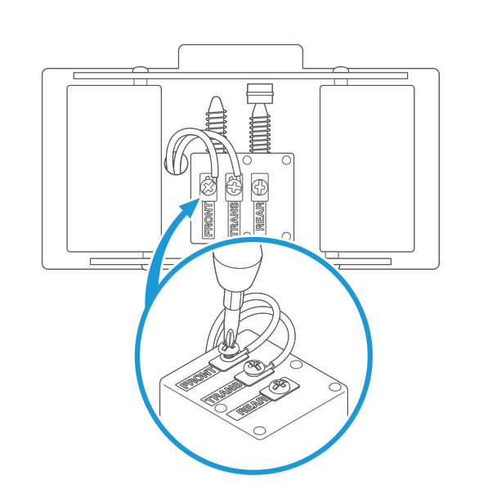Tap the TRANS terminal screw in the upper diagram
[234, 186]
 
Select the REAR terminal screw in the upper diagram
[260, 186]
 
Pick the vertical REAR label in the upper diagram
[260, 218]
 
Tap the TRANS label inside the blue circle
[222, 396]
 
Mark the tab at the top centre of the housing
[242, 56]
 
